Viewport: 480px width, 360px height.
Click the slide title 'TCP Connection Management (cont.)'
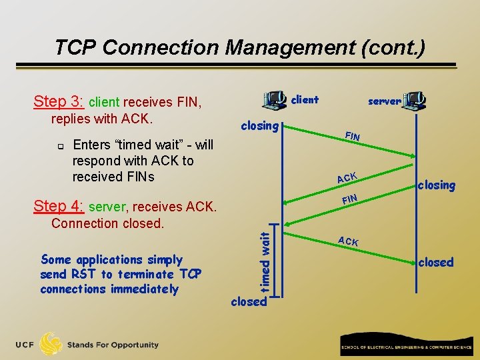(239, 47)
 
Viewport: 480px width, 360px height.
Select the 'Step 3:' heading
(59, 102)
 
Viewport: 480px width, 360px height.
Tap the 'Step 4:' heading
(59, 207)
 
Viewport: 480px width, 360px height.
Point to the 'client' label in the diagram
(305, 100)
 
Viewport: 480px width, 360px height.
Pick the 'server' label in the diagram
(385, 101)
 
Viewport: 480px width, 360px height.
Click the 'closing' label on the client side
(259, 125)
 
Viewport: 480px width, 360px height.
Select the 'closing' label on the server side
(437, 185)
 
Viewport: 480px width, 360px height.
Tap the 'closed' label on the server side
(436, 263)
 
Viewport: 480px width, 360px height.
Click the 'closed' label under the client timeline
(249, 301)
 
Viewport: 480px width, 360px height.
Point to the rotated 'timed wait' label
(265, 260)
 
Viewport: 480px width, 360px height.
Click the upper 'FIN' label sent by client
(353, 136)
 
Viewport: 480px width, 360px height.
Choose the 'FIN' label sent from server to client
(349, 199)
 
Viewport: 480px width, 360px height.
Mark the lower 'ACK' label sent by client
(348, 241)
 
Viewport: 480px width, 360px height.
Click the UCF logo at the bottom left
(40, 345)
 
